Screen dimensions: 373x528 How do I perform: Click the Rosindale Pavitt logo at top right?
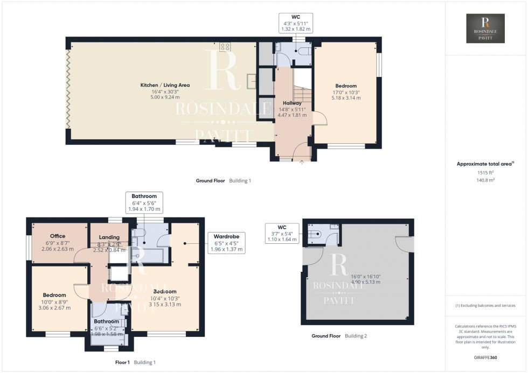[x=485, y=29]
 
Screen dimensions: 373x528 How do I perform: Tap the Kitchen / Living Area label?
[x=165, y=85]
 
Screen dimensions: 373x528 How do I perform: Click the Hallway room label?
[x=293, y=103]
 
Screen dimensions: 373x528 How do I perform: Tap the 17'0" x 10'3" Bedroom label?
[x=345, y=86]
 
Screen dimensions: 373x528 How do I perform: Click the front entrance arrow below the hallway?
[x=301, y=160]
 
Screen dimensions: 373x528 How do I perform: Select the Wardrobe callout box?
[x=226, y=243]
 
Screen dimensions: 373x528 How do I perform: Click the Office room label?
[x=58, y=236]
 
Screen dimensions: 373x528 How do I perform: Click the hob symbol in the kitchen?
[x=225, y=46]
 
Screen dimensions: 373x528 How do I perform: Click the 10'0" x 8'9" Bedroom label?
[x=54, y=295]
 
